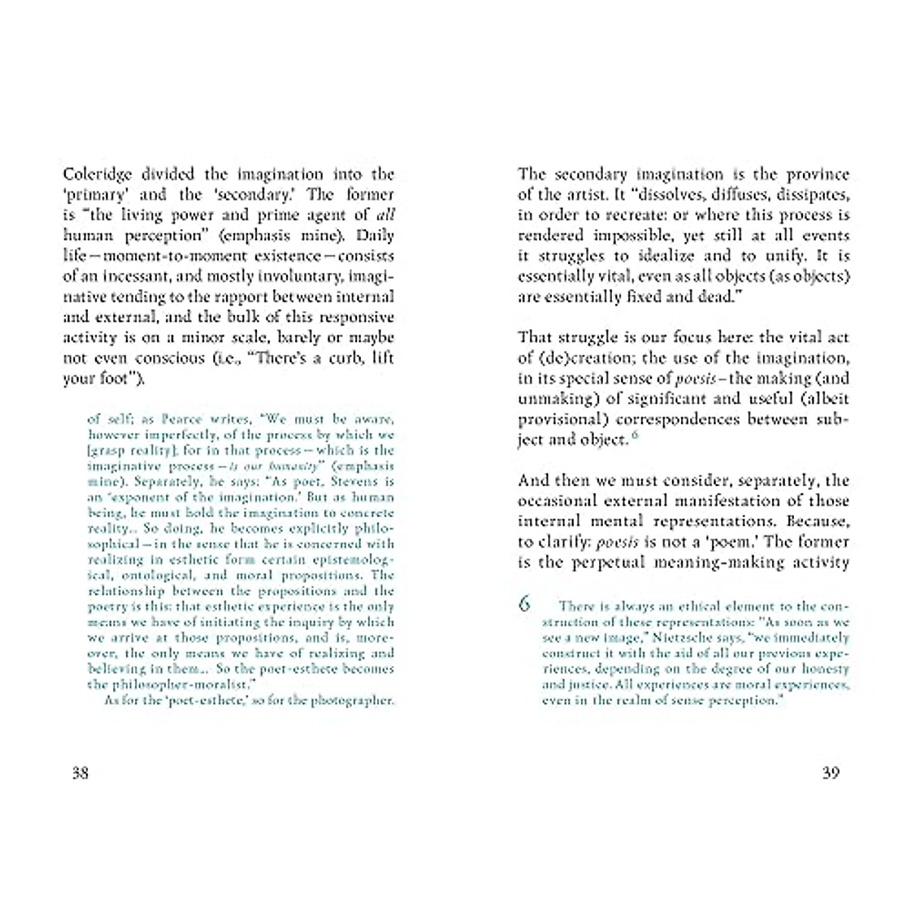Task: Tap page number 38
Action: (80, 773)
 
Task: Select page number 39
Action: (830, 773)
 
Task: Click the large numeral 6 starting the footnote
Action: (524, 604)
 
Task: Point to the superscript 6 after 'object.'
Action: (635, 435)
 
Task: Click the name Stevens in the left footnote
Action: (350, 482)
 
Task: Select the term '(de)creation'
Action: (582, 358)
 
